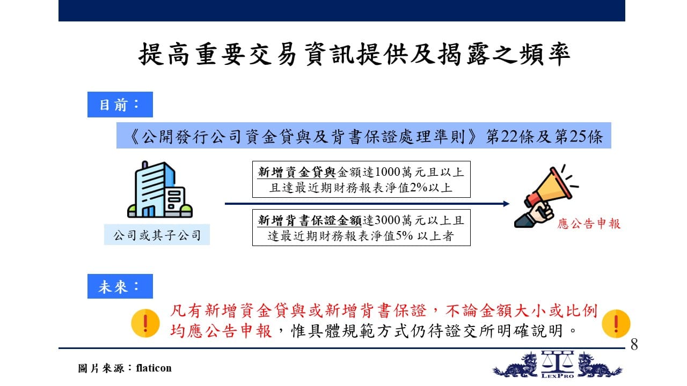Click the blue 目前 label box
120,105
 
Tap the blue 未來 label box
120,286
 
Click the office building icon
160,189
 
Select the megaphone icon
546,196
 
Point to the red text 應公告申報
589,224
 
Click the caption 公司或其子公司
157,235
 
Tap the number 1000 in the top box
387,172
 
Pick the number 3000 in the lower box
387,220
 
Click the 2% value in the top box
418,187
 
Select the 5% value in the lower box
404,235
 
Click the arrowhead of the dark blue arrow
506,204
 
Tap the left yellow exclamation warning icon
145,323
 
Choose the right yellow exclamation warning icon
616,323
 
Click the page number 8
634,344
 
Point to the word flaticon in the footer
154,368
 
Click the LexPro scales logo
557,365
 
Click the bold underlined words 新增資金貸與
297,172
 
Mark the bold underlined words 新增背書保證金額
310,220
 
